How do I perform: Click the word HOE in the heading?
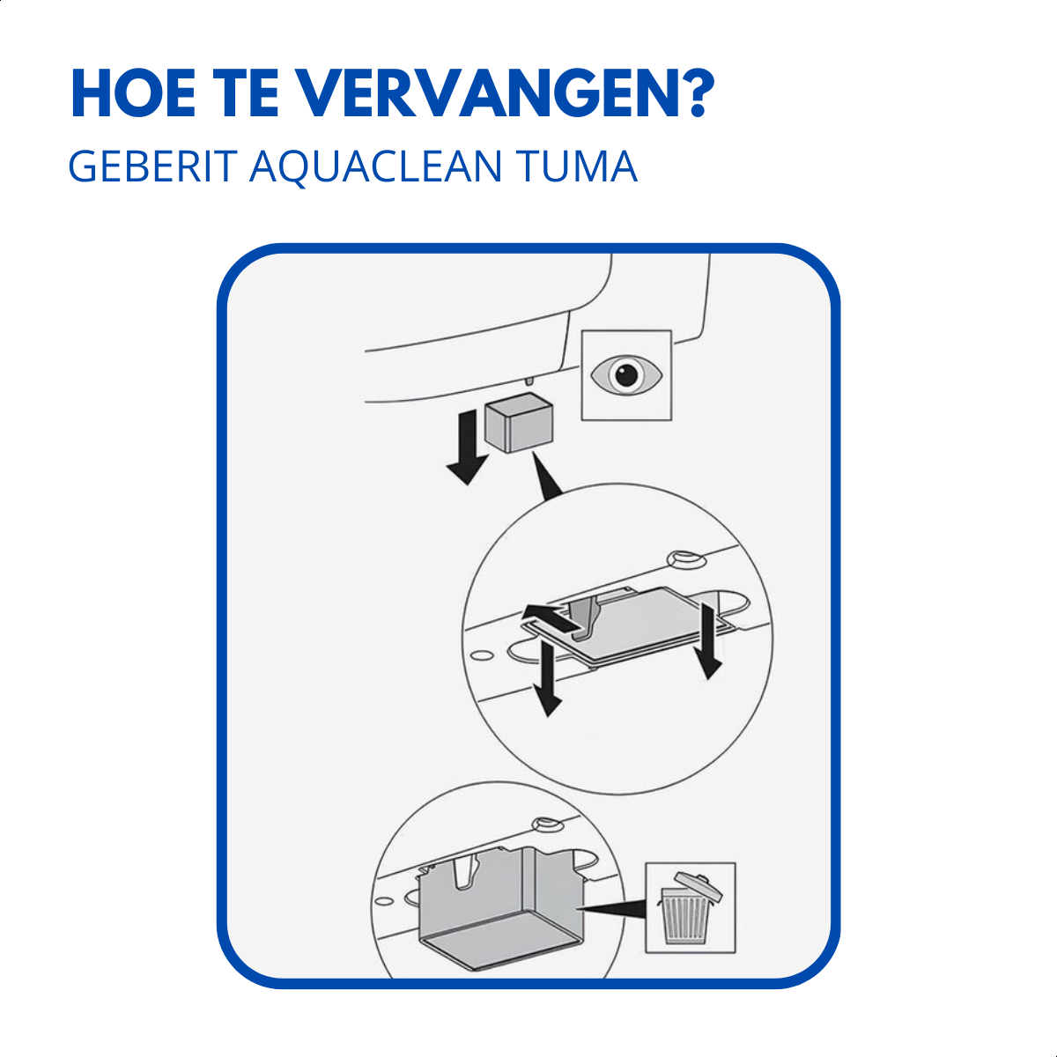click(x=132, y=92)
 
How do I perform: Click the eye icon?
click(x=626, y=375)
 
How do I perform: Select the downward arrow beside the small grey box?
click(x=467, y=449)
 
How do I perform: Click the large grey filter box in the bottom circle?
click(x=500, y=907)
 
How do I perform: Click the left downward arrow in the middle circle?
click(x=548, y=678)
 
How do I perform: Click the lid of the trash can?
click(x=697, y=883)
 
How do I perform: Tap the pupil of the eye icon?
click(x=626, y=375)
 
